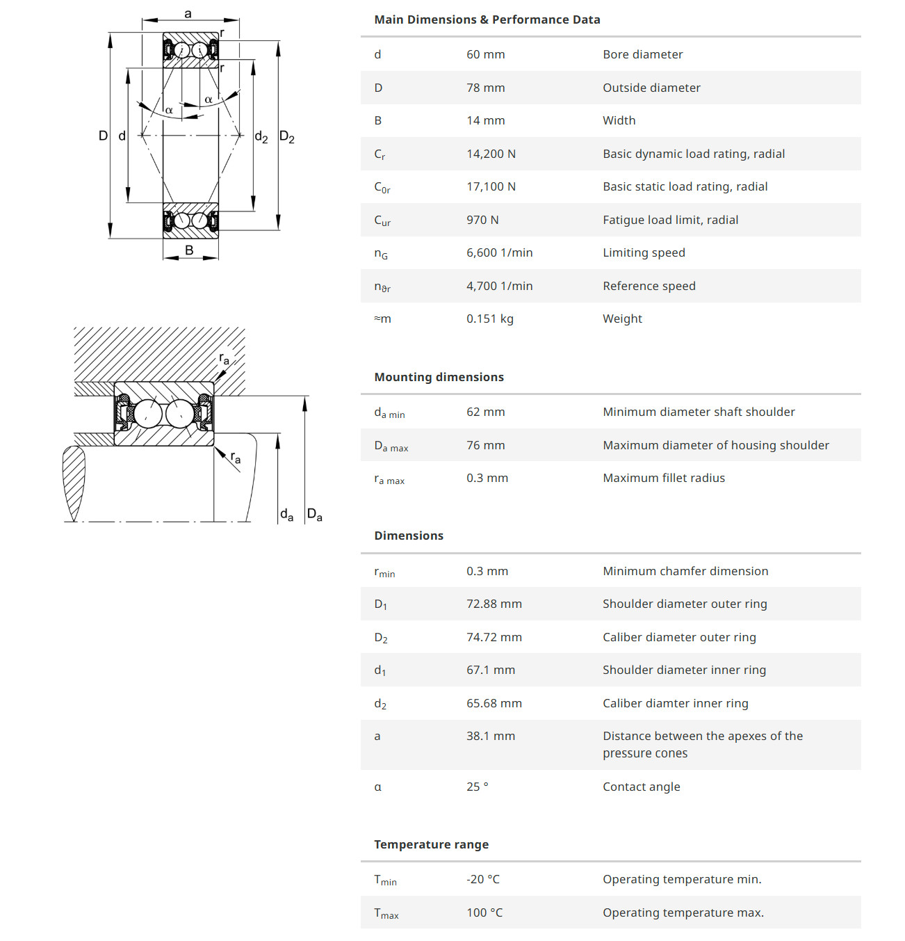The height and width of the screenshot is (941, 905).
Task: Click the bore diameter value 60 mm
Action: click(x=485, y=54)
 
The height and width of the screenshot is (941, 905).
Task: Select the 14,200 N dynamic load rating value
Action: click(x=491, y=154)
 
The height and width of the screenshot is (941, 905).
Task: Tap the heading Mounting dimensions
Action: click(x=439, y=377)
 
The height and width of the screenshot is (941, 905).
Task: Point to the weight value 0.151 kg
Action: click(x=489, y=319)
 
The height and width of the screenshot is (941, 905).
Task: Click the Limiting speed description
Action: click(x=644, y=252)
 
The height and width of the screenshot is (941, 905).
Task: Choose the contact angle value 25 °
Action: click(x=477, y=787)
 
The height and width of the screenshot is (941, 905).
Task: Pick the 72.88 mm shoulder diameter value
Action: click(x=494, y=604)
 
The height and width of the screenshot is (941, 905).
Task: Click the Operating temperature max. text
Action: click(x=683, y=912)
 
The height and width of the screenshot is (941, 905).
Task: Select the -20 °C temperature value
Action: click(x=482, y=879)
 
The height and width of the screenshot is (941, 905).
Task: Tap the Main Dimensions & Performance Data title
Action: click(x=487, y=19)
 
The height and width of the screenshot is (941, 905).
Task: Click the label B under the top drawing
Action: click(x=189, y=250)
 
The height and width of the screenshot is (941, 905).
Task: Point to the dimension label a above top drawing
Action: click(x=188, y=14)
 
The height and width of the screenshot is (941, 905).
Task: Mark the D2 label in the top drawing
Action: click(x=286, y=136)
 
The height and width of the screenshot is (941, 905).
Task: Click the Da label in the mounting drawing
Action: click(x=314, y=515)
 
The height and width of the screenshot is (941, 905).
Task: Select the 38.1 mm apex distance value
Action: click(x=490, y=736)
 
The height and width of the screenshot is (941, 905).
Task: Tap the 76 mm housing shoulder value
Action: click(x=485, y=445)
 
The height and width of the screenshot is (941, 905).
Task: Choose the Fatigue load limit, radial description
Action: click(x=670, y=220)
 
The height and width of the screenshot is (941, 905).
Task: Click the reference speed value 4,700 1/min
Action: click(x=499, y=286)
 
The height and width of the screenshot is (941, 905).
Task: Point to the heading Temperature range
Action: click(x=431, y=844)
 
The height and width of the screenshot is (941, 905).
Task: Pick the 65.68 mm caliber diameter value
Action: click(x=494, y=703)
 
